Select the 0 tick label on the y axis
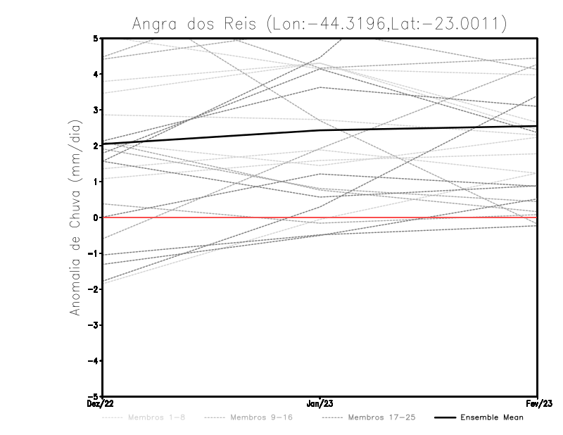[95, 217]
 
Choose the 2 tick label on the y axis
[95, 145]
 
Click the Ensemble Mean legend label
[492, 417]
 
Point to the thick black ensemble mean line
[211, 137]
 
